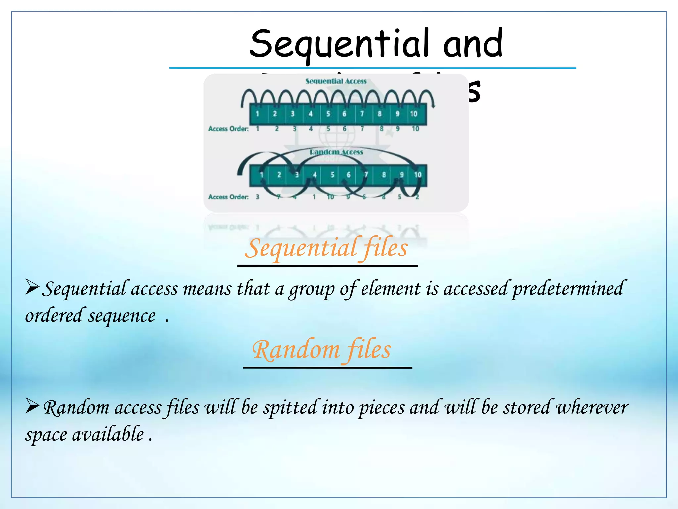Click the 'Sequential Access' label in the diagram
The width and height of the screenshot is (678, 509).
336,81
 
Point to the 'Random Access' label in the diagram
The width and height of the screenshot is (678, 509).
336,152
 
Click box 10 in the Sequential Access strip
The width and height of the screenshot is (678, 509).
414,114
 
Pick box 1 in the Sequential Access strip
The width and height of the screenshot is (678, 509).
258,114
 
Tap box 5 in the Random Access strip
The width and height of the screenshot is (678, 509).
332,175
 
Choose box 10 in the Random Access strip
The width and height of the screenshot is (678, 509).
418,175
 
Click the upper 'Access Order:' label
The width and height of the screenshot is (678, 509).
228,129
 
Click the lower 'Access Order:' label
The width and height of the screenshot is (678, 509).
228,197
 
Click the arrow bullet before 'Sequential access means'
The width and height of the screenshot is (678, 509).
32,287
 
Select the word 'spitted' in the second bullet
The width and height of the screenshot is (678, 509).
290,408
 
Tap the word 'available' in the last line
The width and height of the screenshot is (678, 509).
108,435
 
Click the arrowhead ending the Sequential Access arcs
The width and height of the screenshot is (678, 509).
433,105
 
